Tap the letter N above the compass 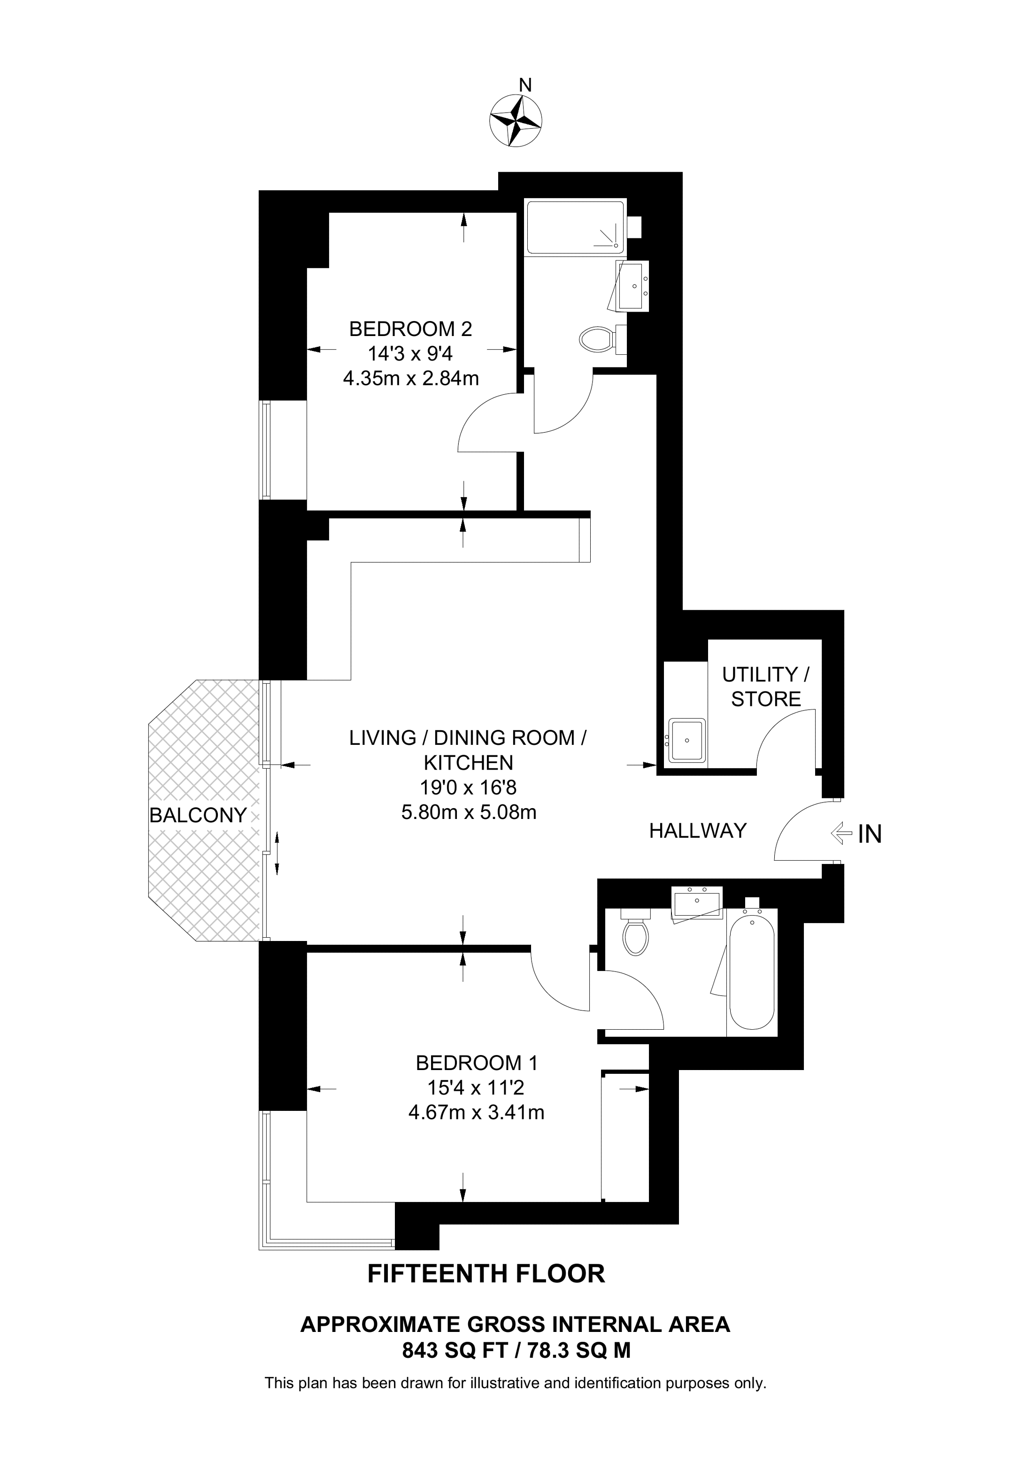click(525, 84)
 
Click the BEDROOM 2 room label click(410, 329)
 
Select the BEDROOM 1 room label click(477, 1063)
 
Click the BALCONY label click(198, 815)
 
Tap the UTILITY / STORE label click(766, 687)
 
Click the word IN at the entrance click(870, 834)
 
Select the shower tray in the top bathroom click(575, 227)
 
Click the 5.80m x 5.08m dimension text click(469, 812)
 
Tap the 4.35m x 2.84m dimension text click(410, 379)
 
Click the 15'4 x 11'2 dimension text click(476, 1087)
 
